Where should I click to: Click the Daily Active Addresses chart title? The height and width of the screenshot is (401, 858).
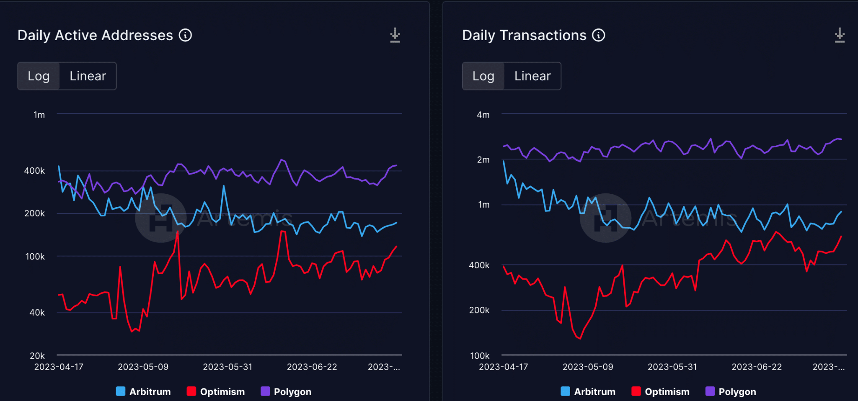coord(95,36)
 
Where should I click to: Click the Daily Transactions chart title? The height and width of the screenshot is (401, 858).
coord(524,36)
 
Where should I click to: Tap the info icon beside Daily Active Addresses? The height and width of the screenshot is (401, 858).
coord(186,35)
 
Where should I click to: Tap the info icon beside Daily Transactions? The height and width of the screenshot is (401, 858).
coord(599,35)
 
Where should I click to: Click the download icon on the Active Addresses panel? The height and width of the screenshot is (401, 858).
coord(395,36)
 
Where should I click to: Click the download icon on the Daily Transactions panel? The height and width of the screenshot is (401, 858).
coord(840,36)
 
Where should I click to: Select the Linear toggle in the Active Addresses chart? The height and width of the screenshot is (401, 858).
coord(88,76)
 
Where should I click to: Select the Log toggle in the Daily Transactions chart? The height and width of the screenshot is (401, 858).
coord(483,76)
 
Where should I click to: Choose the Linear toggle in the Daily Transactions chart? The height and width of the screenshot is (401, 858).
coord(532,76)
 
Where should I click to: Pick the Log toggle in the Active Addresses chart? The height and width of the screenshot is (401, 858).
coord(39,76)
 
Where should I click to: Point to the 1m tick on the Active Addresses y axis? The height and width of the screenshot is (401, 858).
coord(39,115)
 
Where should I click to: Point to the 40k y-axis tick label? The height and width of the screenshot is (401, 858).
coord(37,313)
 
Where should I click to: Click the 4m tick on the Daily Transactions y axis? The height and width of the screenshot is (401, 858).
coord(483,115)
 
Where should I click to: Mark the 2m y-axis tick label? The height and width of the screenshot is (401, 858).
coord(483,159)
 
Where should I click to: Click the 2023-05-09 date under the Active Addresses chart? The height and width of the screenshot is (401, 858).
coord(143,367)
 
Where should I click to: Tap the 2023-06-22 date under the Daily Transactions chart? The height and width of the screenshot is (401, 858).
coord(757,367)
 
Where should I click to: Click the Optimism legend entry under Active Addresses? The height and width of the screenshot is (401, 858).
coord(216,392)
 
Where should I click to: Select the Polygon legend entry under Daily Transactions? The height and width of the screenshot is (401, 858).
coord(731,392)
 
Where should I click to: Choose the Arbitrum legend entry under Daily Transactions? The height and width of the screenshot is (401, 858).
coord(588,392)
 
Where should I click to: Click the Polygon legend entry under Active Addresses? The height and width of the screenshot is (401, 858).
coord(286,392)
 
